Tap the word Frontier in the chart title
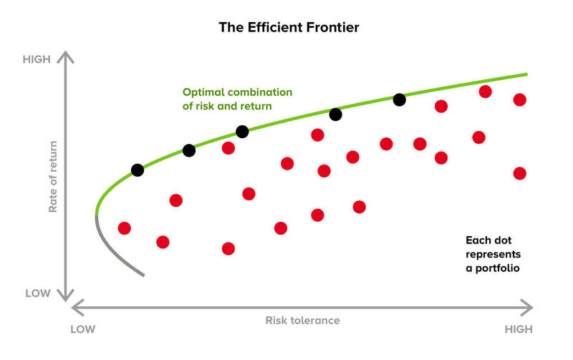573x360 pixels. [332, 29]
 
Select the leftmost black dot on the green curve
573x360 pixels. [138, 170]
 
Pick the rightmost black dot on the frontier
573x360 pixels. [399, 100]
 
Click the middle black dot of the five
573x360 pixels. [242, 132]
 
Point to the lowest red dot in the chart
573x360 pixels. [228, 248]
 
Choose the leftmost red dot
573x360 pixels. [125, 228]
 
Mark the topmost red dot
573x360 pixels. [485, 92]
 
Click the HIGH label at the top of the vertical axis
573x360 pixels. [37, 59]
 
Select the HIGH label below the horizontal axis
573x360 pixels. [519, 329]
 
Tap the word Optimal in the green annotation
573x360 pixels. [203, 92]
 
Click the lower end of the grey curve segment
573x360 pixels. [144, 274]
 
